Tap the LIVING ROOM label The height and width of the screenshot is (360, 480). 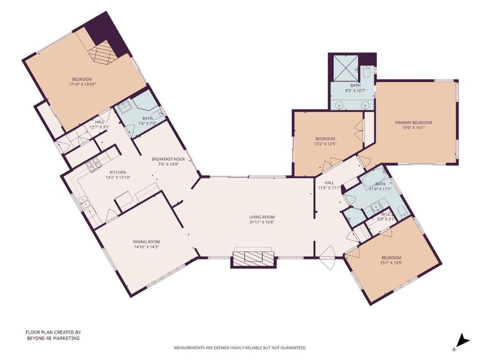[262, 217]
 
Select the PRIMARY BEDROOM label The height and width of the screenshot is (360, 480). [413, 122]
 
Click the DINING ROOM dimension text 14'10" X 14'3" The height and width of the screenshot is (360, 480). [146, 247]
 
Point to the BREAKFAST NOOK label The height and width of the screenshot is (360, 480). [168, 159]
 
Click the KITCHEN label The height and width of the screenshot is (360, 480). [118, 172]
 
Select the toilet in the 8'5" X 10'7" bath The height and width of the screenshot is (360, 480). [367, 72]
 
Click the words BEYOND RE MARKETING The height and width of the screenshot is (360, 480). [53, 338]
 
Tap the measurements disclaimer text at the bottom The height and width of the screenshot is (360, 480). [240, 348]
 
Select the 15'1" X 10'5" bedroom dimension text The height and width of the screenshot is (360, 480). [391, 262]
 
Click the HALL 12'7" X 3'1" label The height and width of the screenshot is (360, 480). [99, 124]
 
